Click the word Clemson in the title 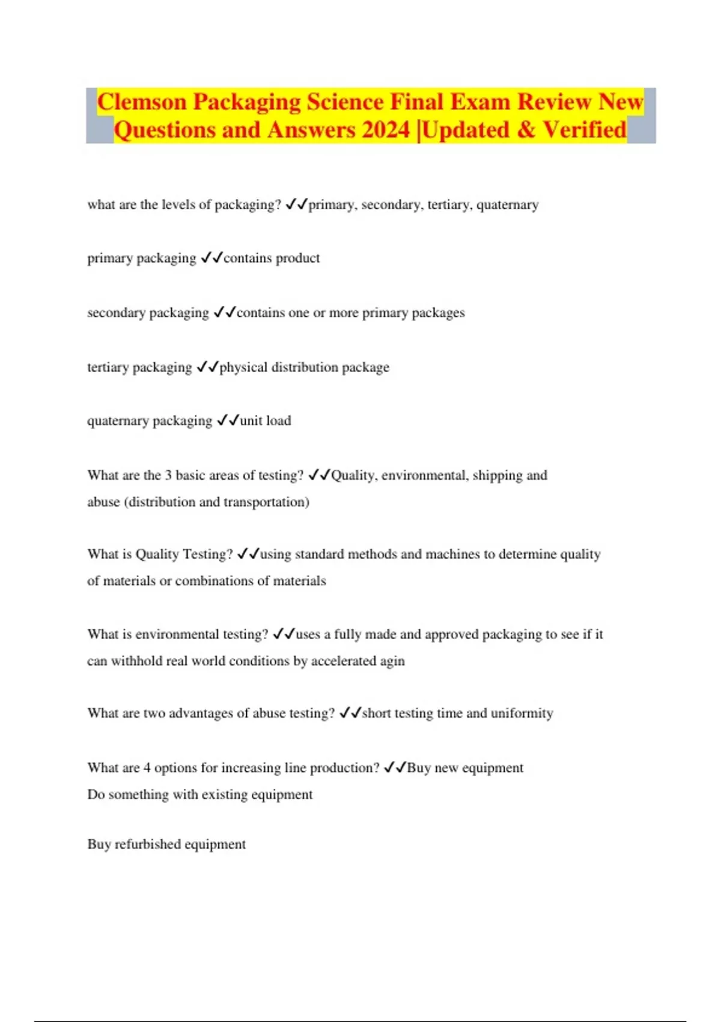coord(142,102)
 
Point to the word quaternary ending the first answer coord(507,205)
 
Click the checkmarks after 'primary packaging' coord(211,258)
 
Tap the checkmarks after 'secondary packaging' coord(225,313)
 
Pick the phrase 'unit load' coord(266,421)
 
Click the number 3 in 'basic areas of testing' coord(168,476)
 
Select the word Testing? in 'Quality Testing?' coord(206,554)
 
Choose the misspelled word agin coord(392,661)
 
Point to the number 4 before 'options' coord(147,768)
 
